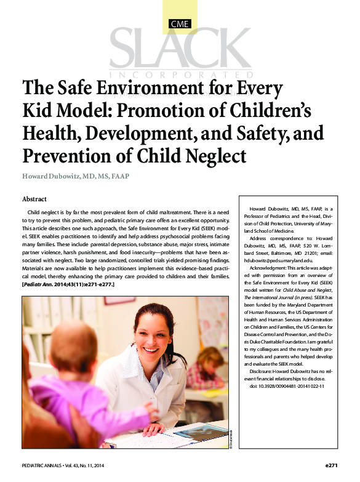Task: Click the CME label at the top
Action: click(x=180, y=25)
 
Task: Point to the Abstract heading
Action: click(x=34, y=199)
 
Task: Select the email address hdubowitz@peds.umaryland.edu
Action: click(x=282, y=261)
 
